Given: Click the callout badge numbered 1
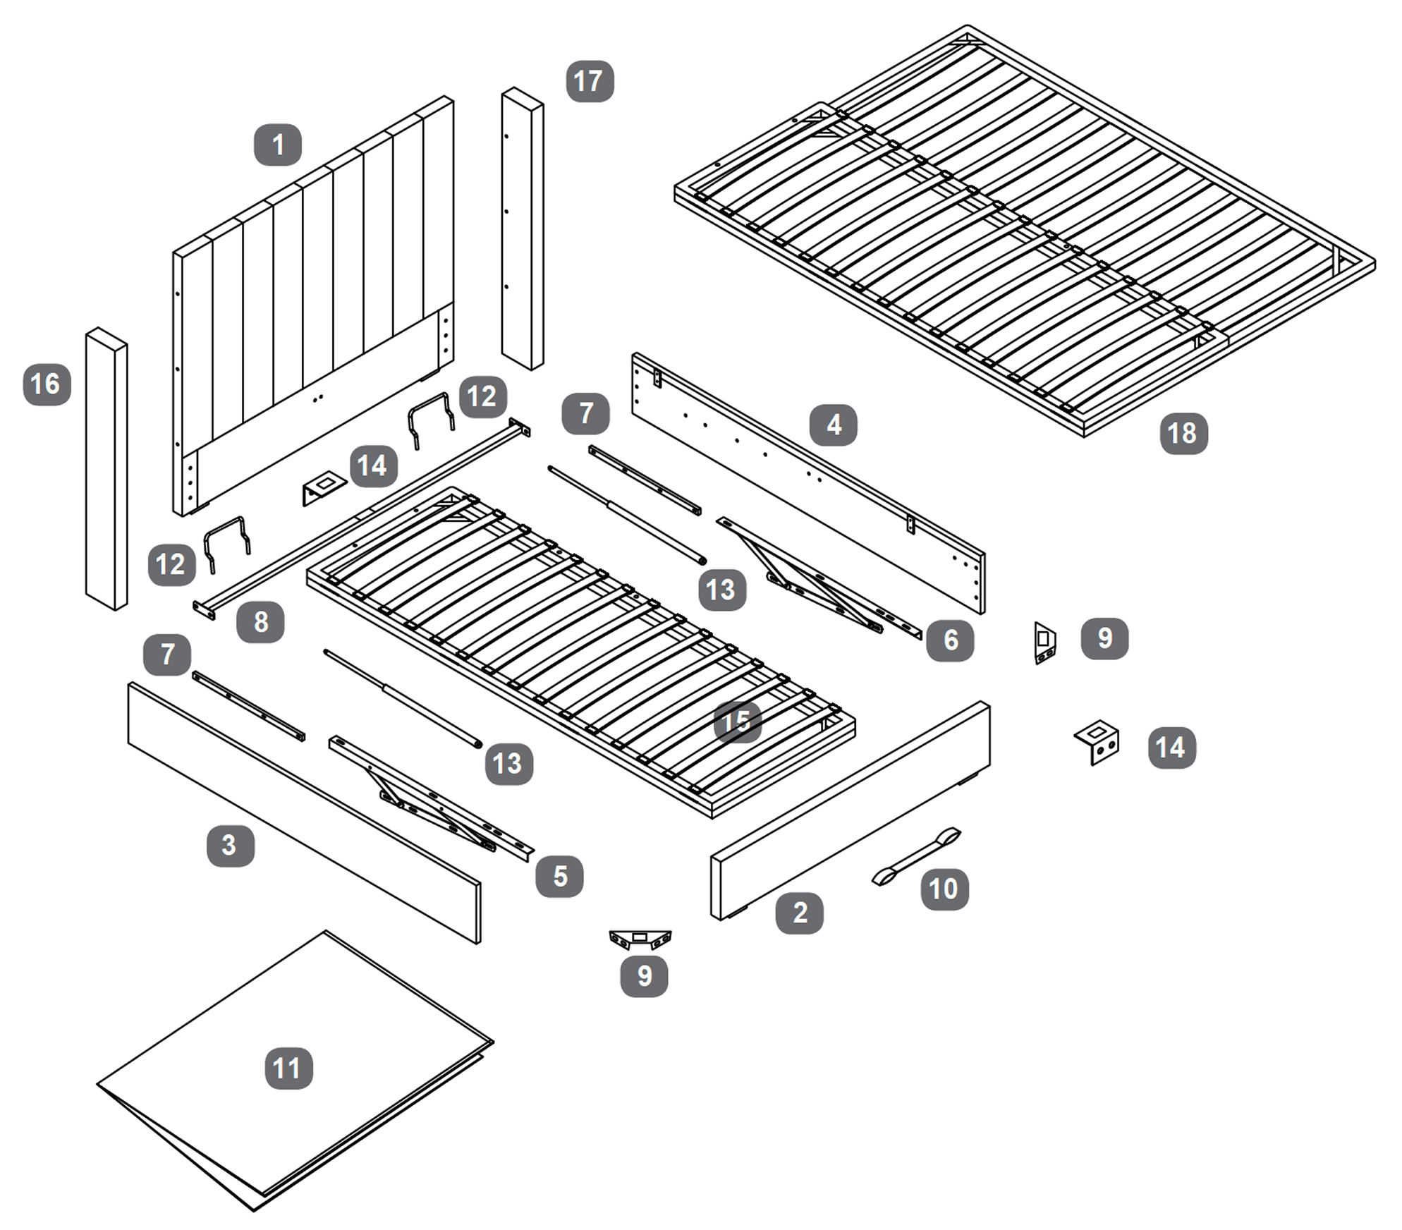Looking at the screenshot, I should (x=277, y=145).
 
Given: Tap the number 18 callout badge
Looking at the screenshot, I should (x=1183, y=433).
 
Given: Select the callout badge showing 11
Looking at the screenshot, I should (x=288, y=1068).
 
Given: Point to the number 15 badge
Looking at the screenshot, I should (x=737, y=721).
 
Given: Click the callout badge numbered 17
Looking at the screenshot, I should (x=590, y=81).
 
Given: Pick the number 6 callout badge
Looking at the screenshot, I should (x=950, y=640).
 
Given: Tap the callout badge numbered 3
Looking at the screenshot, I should (x=230, y=845).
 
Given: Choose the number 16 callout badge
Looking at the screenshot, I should (x=47, y=384).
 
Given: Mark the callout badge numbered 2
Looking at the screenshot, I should (x=799, y=913).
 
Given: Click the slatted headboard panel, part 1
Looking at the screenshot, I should (x=317, y=296).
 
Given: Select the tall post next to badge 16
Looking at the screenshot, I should (x=106, y=469).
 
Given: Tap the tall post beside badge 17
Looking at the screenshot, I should (x=523, y=229).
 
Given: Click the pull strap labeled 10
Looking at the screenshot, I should (x=917, y=856).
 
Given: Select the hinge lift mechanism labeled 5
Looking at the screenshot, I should (x=430, y=797).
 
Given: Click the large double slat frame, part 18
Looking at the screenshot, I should (x=1023, y=233).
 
